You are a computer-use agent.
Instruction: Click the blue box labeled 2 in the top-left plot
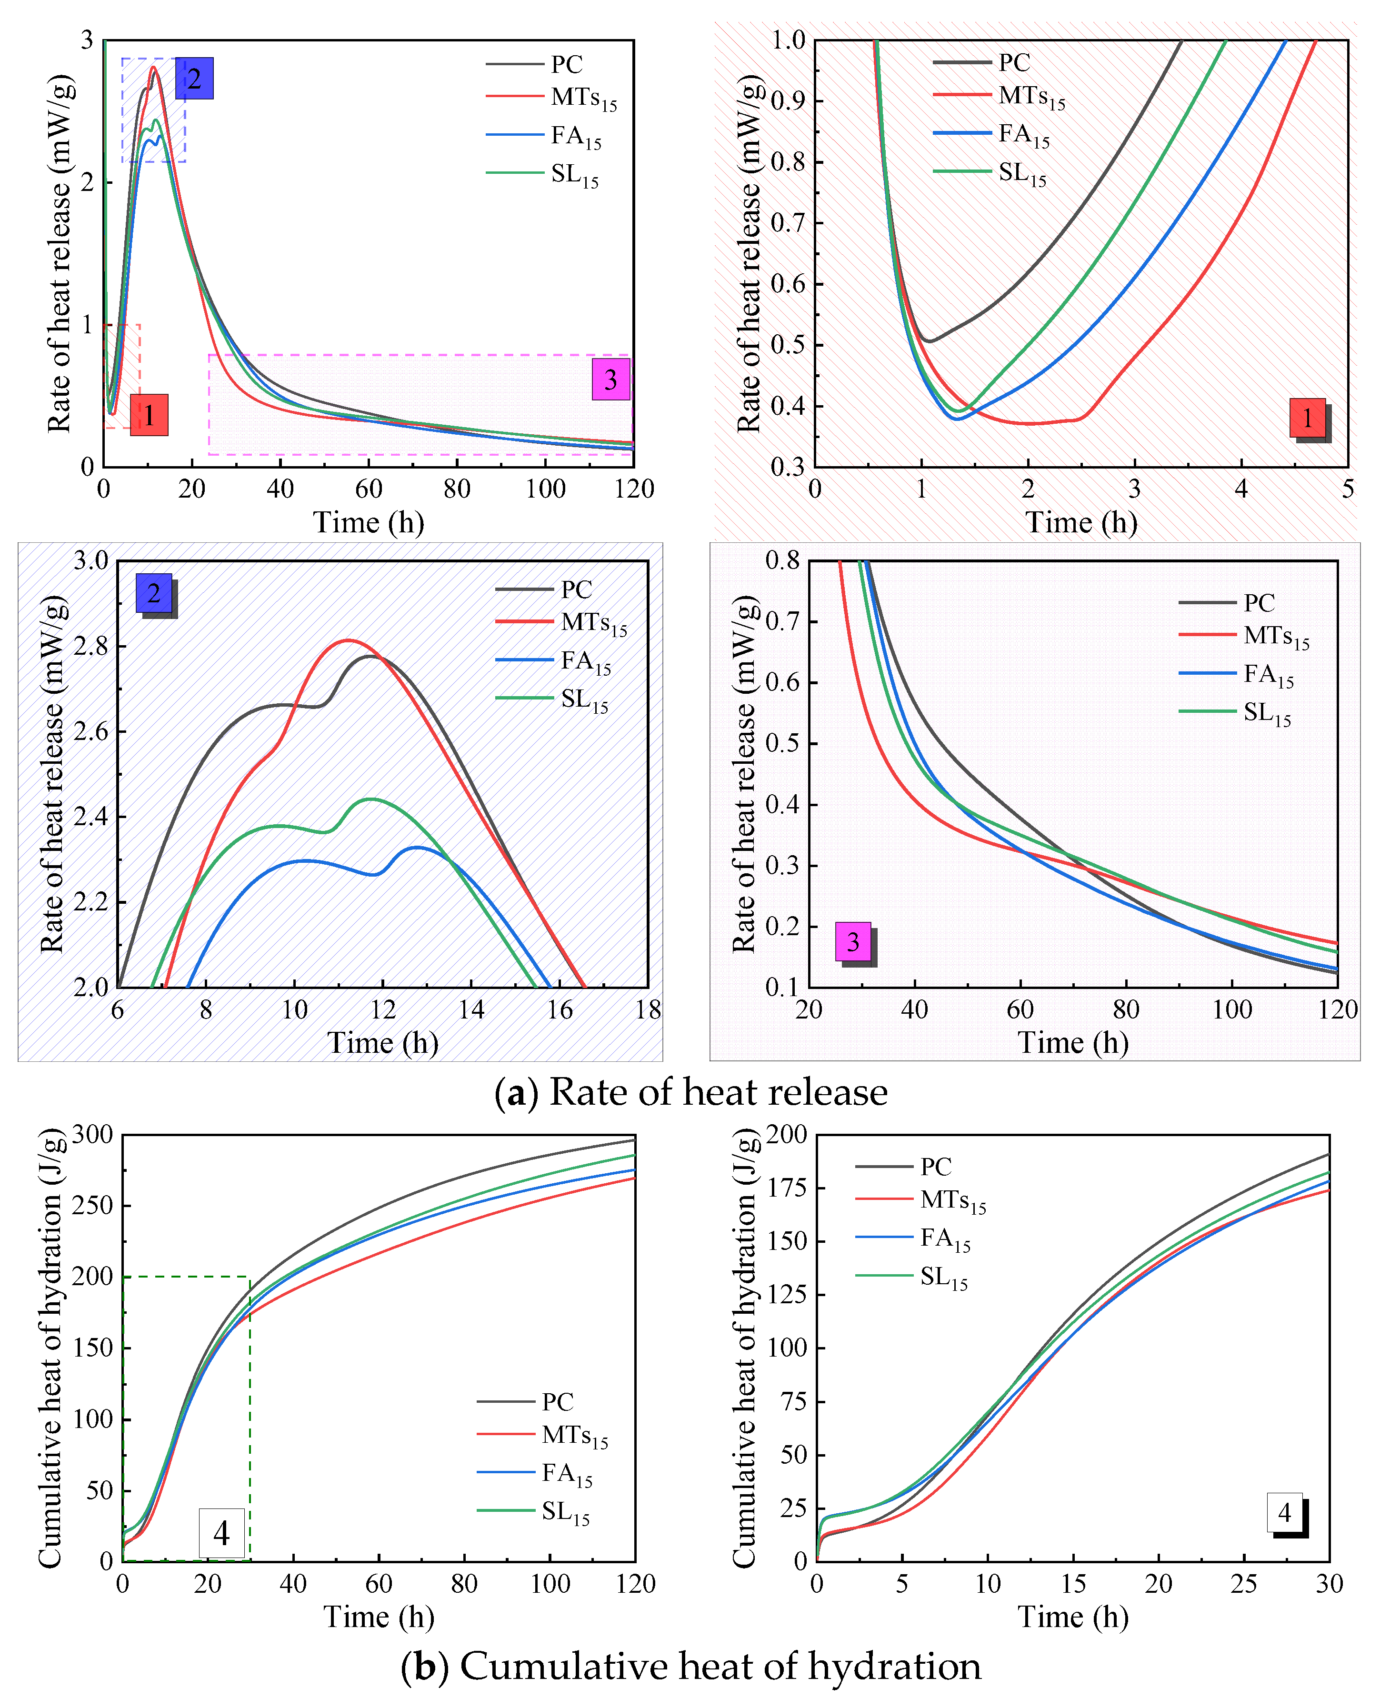(x=194, y=78)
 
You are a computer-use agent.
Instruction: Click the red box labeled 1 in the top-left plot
(x=149, y=415)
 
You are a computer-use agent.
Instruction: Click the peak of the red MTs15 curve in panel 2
(x=348, y=640)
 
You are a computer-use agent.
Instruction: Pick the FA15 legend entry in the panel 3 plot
(x=1269, y=674)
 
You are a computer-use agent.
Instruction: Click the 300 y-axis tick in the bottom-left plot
(x=92, y=1134)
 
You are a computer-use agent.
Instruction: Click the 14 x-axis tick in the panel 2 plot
(x=471, y=1009)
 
